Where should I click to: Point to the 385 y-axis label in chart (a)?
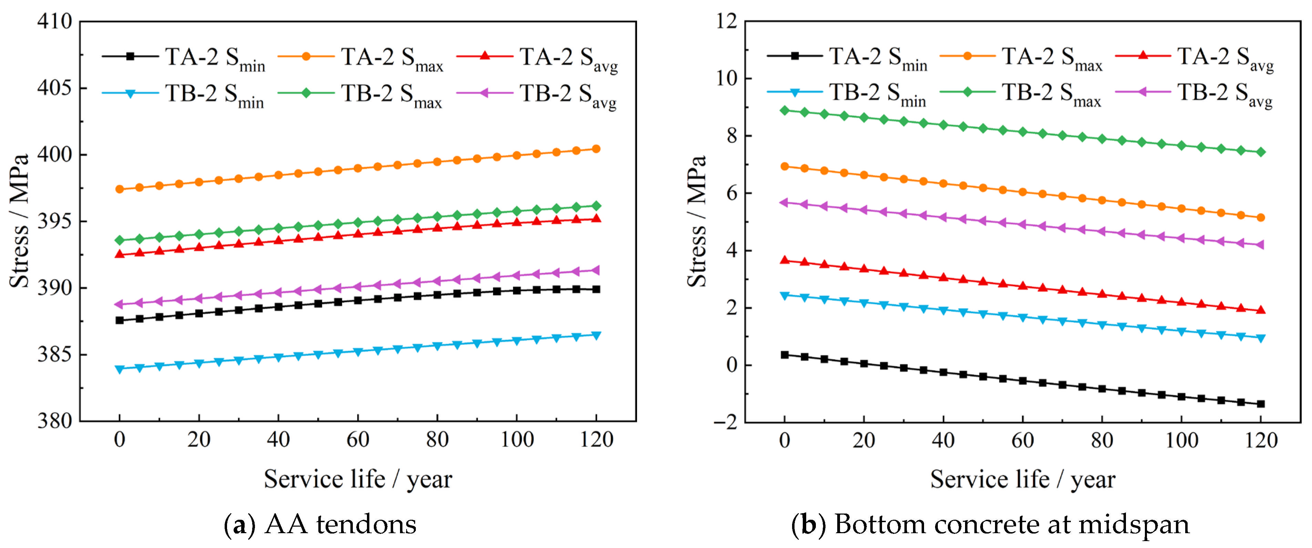tap(54, 354)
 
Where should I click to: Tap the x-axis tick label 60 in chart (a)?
tap(358, 439)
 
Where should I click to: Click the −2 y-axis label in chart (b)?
tap(725, 422)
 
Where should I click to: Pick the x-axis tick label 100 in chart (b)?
tap(1181, 439)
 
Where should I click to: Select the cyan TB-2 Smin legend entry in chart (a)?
tap(183, 95)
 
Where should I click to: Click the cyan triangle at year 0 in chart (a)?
tap(120, 369)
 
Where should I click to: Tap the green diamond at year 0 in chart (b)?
tap(785, 110)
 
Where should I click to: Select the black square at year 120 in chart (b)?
tap(1261, 404)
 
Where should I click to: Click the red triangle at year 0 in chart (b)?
tap(785, 260)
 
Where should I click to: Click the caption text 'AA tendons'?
tap(340, 525)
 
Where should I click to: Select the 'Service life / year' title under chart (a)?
tap(358, 479)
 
